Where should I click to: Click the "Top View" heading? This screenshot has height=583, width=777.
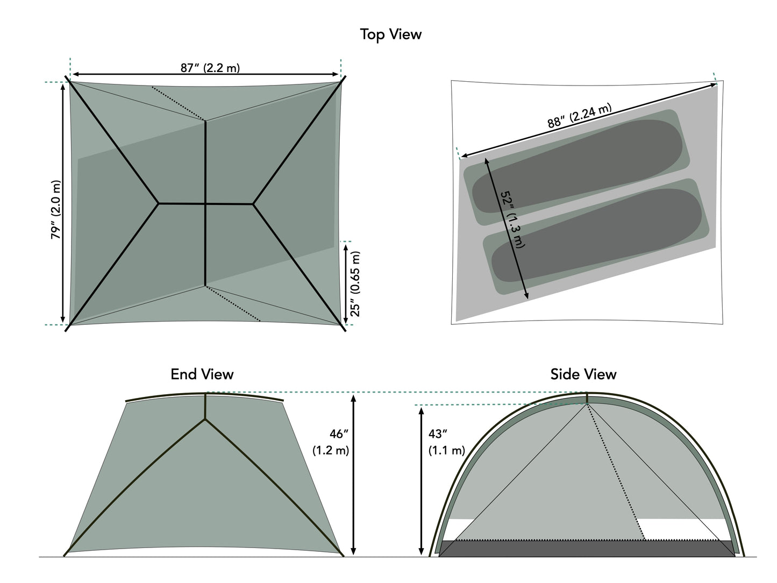click(x=390, y=34)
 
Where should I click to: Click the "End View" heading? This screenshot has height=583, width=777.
click(x=202, y=374)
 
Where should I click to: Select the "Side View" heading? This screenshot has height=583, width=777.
click(x=583, y=374)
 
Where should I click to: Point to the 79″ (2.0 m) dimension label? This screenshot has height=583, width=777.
click(x=56, y=210)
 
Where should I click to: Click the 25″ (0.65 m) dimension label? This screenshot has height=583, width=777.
click(x=355, y=283)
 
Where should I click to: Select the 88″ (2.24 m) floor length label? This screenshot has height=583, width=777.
click(x=580, y=116)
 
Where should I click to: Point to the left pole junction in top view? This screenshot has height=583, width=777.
click(x=159, y=203)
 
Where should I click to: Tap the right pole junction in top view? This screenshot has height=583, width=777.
click(x=253, y=204)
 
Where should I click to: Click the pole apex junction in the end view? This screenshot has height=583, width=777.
click(x=205, y=420)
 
